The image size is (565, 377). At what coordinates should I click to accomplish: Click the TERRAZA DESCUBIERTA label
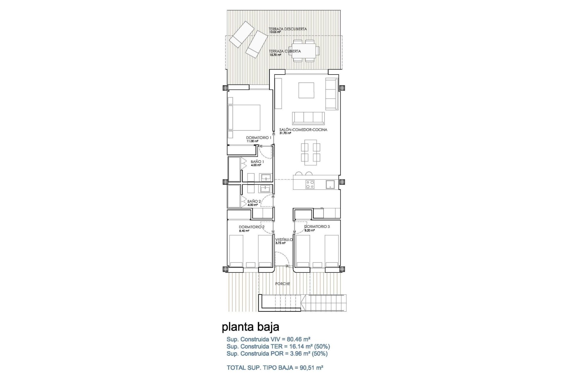(x=288, y=29)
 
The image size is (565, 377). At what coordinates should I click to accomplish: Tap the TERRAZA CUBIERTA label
(x=285, y=51)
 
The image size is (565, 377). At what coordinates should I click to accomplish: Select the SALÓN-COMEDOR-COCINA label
(x=303, y=130)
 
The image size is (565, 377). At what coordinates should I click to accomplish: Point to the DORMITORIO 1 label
(x=259, y=138)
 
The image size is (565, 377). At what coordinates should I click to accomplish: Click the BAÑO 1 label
(x=257, y=162)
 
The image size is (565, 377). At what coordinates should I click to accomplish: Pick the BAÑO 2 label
(x=254, y=201)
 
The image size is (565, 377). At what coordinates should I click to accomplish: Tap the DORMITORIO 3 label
(x=317, y=227)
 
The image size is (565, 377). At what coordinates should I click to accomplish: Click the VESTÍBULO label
(x=284, y=240)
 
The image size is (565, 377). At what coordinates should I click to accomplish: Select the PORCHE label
(x=282, y=284)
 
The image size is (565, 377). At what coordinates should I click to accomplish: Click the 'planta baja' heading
(x=250, y=327)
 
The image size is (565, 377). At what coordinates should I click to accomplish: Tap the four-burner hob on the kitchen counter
(x=310, y=184)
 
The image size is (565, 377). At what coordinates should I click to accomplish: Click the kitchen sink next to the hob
(x=330, y=184)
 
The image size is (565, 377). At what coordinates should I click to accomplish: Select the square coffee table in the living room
(x=306, y=90)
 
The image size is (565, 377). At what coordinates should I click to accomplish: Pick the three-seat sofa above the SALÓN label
(x=308, y=118)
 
